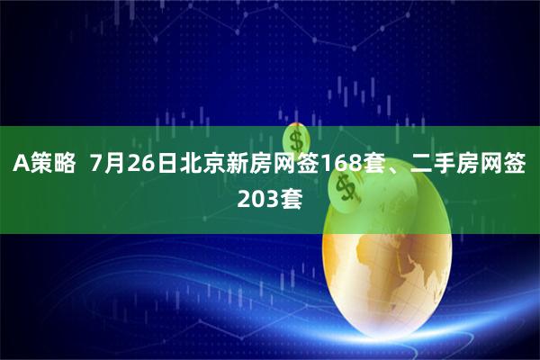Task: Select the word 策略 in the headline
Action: point(53,165)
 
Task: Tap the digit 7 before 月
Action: point(98,165)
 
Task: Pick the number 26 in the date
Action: point(142,165)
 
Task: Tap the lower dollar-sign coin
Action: point(345,186)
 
